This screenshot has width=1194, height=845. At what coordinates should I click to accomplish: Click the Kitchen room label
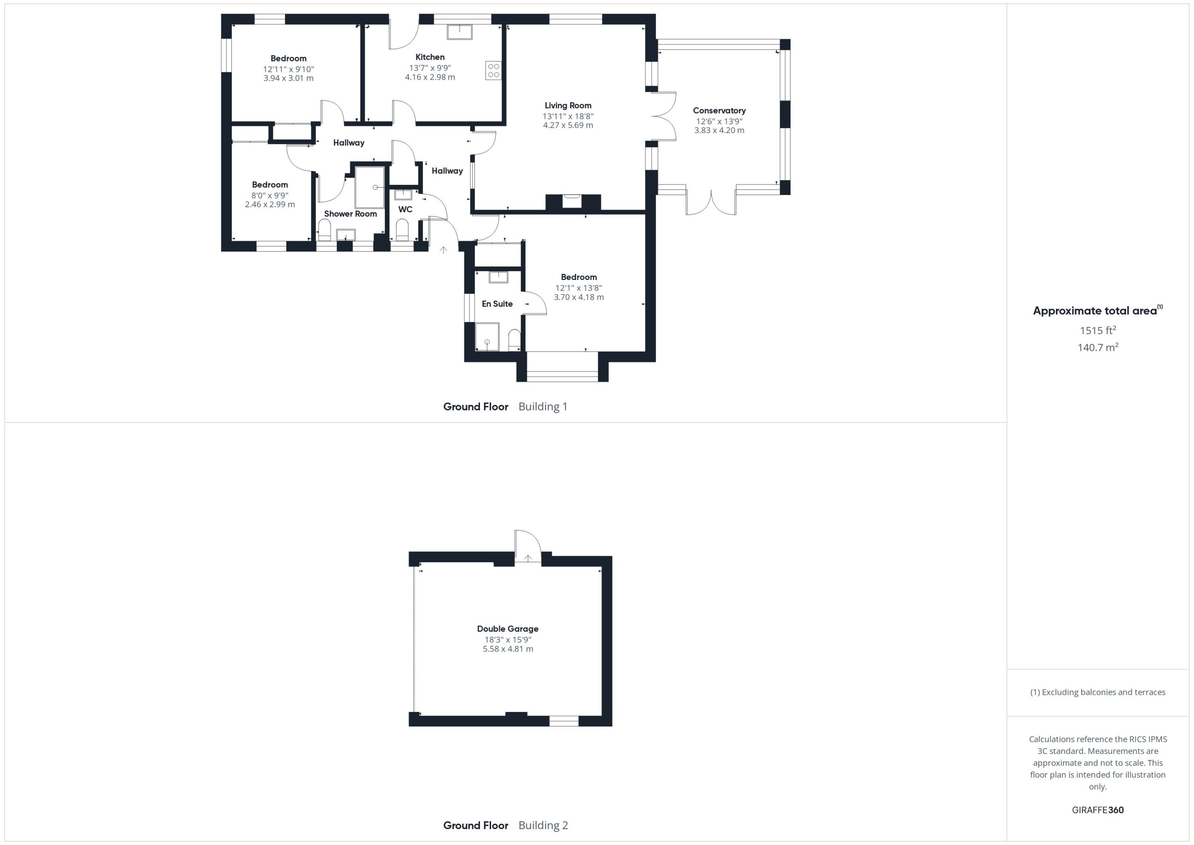(430, 57)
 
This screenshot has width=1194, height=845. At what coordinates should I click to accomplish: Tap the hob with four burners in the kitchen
(493, 71)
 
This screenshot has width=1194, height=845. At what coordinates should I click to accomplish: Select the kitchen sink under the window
(459, 32)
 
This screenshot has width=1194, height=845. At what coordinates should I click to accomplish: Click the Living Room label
(568, 105)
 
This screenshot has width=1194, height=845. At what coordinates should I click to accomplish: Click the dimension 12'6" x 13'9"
(719, 121)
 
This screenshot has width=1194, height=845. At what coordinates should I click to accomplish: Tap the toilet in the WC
(403, 230)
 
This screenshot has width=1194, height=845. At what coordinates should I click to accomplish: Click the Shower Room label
(350, 214)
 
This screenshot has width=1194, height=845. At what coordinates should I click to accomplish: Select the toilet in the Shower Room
(325, 230)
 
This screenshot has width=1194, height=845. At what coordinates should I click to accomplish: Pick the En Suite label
(497, 304)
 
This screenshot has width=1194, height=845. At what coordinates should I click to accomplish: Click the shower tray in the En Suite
(487, 337)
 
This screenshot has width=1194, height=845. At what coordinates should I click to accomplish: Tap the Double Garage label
(507, 629)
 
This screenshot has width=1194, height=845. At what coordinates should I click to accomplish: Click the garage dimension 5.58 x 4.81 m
(507, 649)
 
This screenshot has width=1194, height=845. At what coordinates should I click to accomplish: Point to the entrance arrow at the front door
(443, 250)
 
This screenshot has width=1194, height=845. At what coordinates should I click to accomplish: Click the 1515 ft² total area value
(1098, 330)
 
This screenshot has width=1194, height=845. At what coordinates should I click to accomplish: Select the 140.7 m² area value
(1098, 347)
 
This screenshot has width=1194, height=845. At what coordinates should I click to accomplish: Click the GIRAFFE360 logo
(1098, 810)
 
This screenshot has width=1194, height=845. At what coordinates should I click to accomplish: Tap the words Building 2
(543, 825)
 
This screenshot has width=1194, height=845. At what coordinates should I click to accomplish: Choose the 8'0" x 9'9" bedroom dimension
(270, 196)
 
